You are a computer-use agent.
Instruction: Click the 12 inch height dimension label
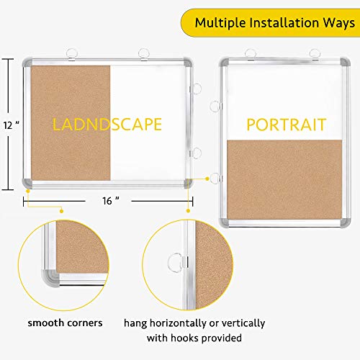click(10, 124)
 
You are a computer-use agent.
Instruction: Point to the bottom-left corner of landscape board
click(30, 184)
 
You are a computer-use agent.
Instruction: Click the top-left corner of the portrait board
click(225, 63)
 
